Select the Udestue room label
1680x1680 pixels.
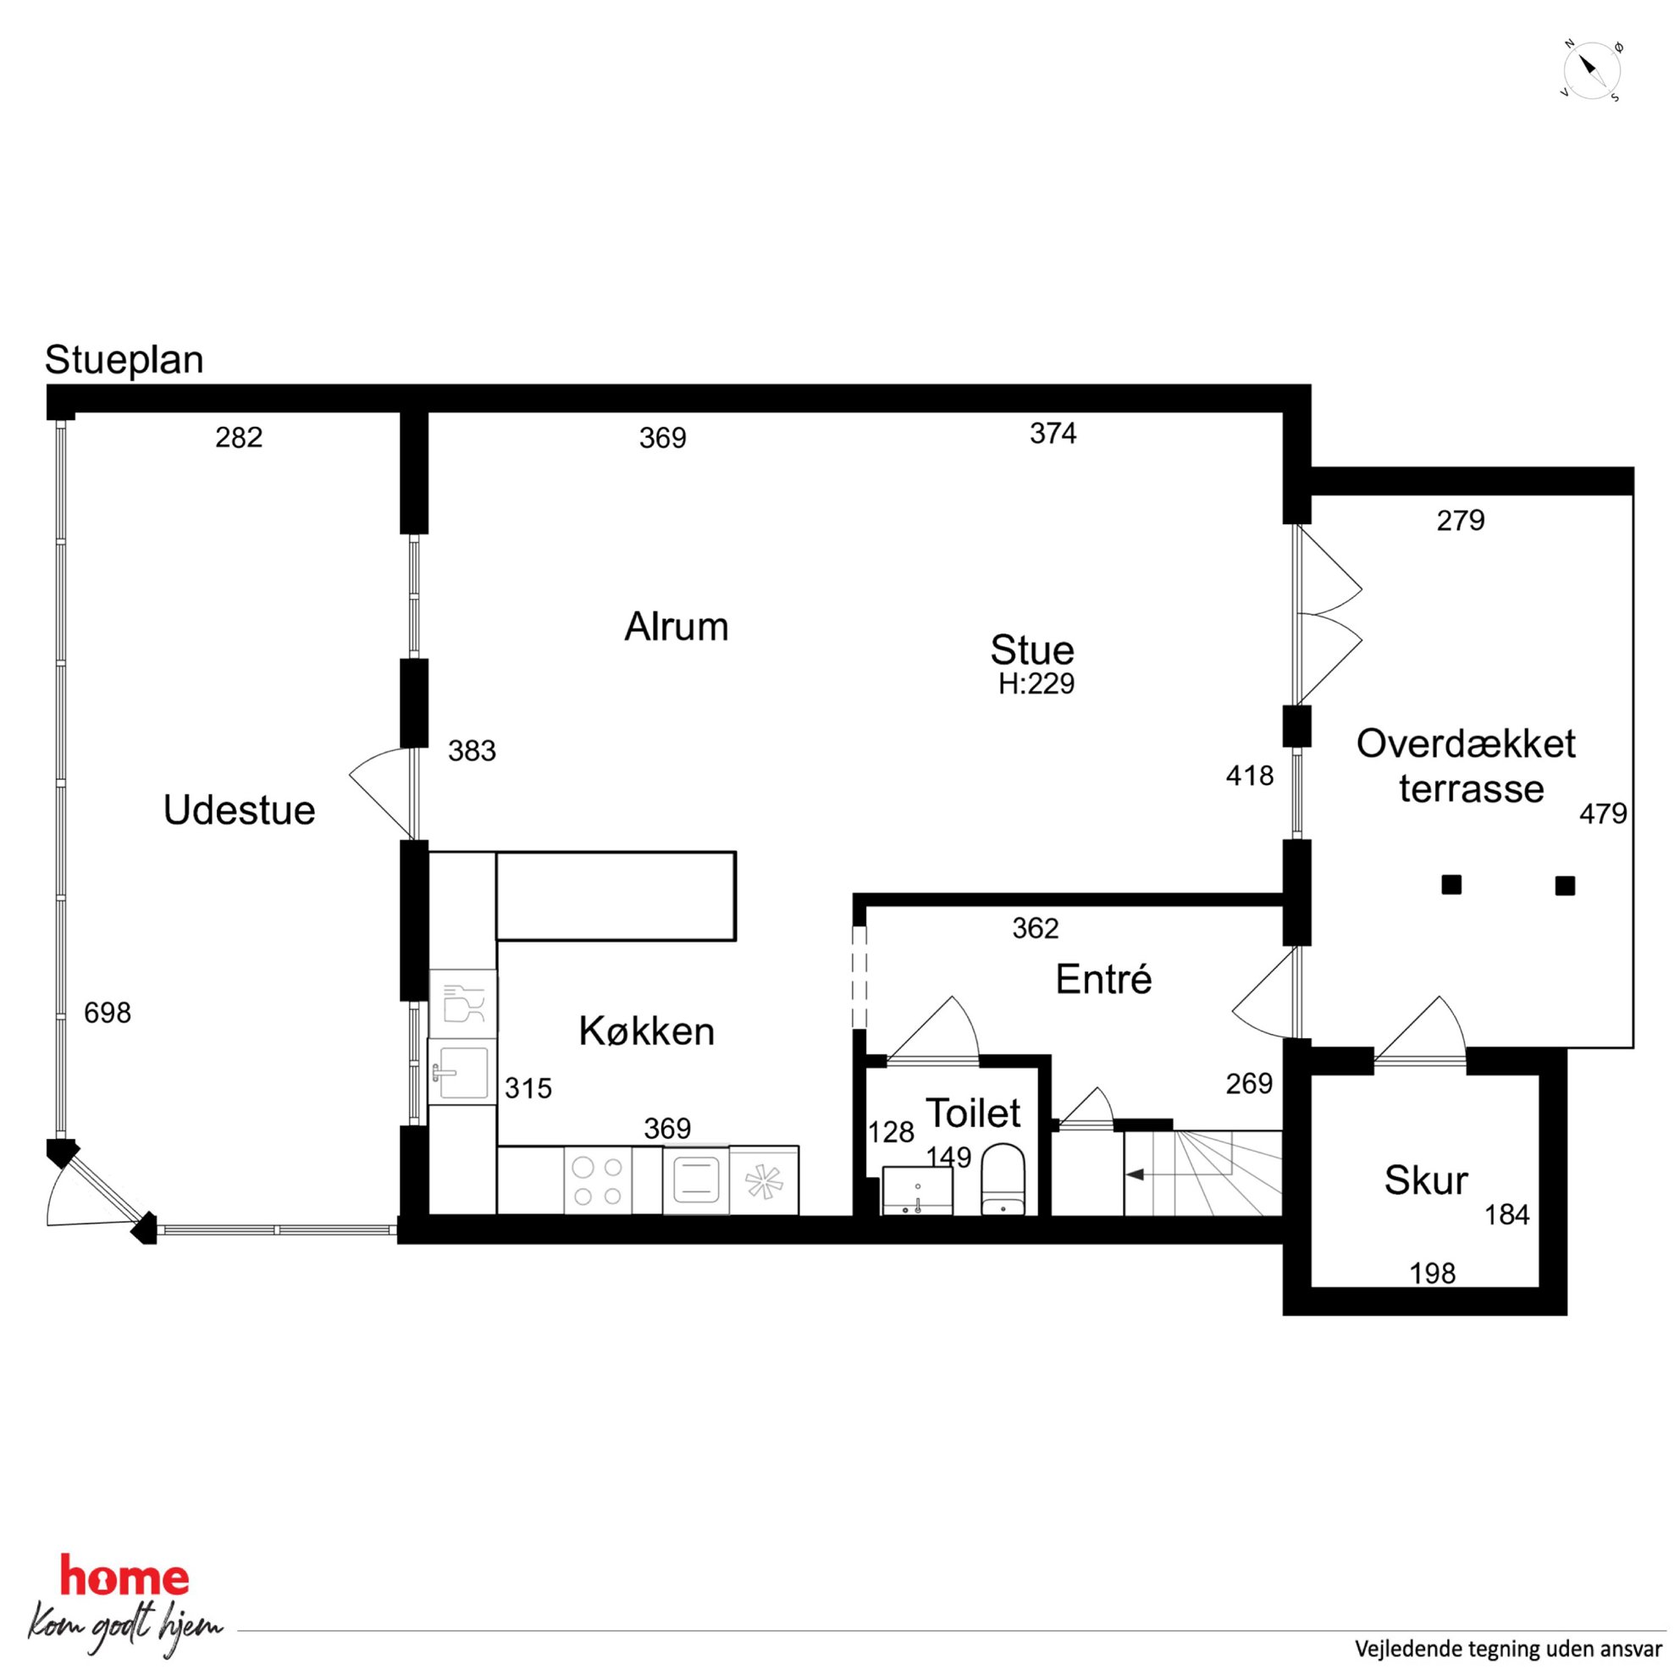[x=239, y=810]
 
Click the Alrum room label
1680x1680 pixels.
[x=677, y=627]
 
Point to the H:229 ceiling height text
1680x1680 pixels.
[x=1036, y=684]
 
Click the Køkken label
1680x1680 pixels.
[x=647, y=1031]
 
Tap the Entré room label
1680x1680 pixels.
[x=1103, y=980]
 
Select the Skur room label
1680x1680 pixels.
[x=1426, y=1181]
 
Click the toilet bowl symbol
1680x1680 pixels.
[x=1003, y=1179]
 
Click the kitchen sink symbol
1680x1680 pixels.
[x=462, y=1072]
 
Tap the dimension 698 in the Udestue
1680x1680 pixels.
[x=107, y=1012]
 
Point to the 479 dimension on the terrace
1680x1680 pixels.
[x=1604, y=814]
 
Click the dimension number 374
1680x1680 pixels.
[x=1053, y=433]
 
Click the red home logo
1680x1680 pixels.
[x=124, y=1575]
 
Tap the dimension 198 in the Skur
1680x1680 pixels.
[x=1432, y=1274]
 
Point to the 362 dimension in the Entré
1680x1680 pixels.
[x=1036, y=929]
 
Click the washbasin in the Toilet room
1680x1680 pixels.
[x=917, y=1191]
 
